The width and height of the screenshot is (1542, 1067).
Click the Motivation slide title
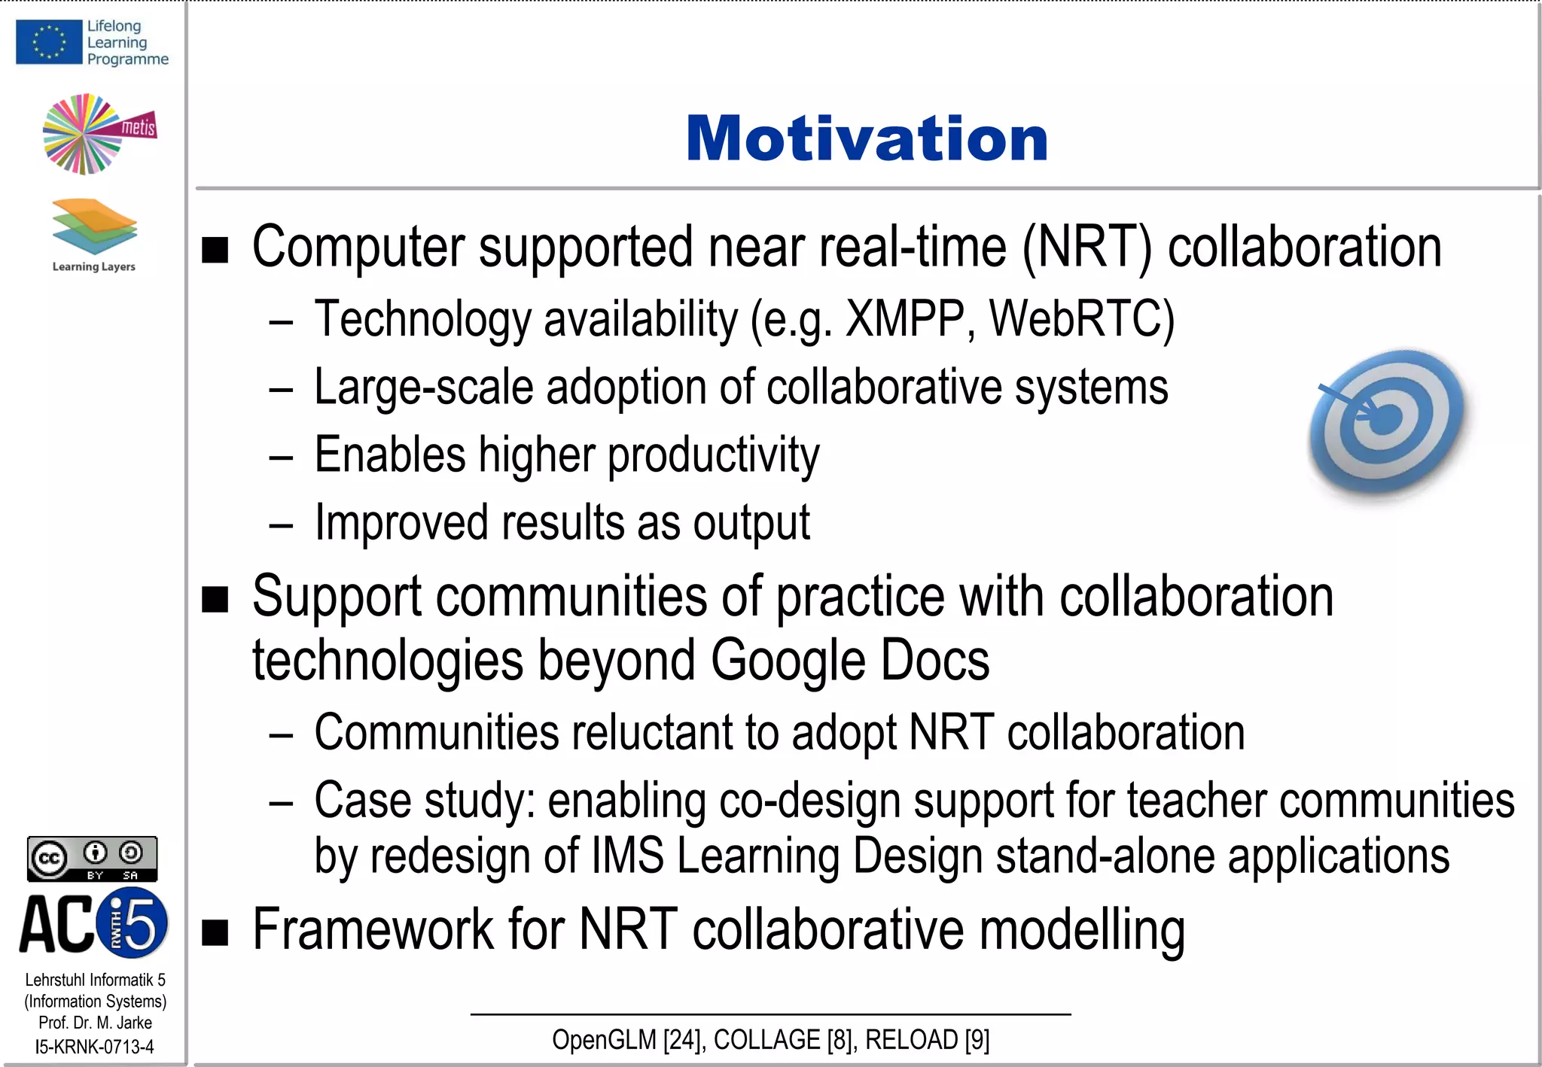[x=867, y=139]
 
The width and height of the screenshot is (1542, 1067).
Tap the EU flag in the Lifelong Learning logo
[x=49, y=42]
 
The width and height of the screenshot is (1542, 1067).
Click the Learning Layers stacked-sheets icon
[x=95, y=226]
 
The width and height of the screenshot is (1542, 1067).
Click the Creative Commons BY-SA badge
[x=93, y=859]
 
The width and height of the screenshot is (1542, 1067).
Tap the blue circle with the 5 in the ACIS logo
[x=134, y=923]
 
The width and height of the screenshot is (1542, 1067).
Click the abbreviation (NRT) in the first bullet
[x=1086, y=248]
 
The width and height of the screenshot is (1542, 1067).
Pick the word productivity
[x=713, y=455]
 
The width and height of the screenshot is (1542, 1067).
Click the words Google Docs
[x=849, y=661]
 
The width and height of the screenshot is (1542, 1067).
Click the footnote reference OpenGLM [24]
[x=628, y=1040]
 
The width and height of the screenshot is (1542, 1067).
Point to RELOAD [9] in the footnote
[x=927, y=1040]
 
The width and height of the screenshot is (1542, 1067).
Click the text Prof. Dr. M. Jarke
[x=95, y=1023]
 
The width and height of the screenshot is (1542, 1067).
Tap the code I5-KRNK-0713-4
[x=95, y=1047]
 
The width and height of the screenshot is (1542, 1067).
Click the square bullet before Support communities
[x=215, y=600]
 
